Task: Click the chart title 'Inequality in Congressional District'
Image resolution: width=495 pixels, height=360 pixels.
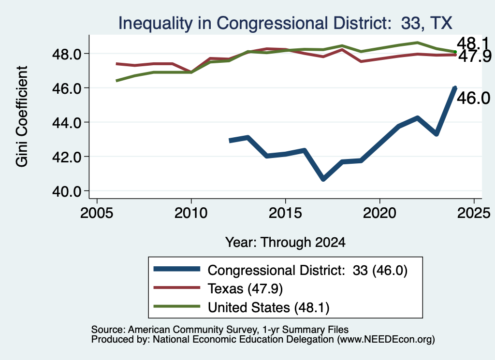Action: click(252, 23)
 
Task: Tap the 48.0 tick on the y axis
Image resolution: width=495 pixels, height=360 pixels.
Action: click(67, 54)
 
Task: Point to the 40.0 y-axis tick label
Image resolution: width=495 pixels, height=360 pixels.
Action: click(67, 191)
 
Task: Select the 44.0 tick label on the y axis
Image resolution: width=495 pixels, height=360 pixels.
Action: click(67, 122)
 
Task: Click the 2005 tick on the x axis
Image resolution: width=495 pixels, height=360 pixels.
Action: click(97, 213)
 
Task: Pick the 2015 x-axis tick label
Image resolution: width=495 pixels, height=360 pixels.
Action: click(285, 213)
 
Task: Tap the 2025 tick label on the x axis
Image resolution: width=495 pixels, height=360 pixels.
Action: click(474, 213)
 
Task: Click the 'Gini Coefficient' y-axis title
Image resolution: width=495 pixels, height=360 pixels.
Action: click(22, 116)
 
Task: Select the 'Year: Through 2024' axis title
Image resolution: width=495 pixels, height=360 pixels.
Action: click(285, 242)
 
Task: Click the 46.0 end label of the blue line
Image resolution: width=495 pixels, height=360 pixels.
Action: click(473, 98)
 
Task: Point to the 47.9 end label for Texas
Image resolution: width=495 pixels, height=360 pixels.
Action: click(475, 57)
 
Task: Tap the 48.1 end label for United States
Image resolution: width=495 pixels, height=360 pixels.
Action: click(472, 43)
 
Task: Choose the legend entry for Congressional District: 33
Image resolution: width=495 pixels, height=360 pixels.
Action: click(280, 270)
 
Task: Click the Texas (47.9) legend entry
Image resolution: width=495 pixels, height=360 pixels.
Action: click(218, 288)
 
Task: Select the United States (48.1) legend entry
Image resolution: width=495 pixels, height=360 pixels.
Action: click(241, 307)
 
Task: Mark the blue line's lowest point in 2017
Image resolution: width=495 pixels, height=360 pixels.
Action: click(323, 179)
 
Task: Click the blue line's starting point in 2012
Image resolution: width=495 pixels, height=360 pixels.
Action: click(230, 141)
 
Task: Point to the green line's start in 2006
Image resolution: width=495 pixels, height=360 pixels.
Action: click(116, 81)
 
